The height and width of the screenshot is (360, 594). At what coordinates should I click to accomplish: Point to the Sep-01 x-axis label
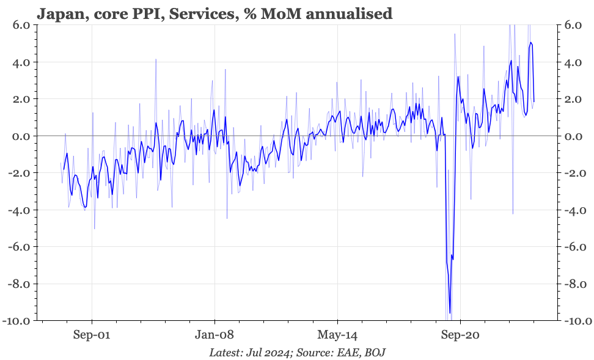point(92,335)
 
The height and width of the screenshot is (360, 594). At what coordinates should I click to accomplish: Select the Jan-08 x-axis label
point(215,335)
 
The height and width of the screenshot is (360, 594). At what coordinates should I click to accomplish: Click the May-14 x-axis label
point(337,335)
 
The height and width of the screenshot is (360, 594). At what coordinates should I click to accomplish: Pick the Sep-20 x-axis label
point(460,335)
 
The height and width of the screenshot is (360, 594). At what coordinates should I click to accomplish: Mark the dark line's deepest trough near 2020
point(450,313)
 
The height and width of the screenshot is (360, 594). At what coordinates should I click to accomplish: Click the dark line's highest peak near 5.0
point(531,43)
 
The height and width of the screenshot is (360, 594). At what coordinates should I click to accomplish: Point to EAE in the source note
point(343,352)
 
